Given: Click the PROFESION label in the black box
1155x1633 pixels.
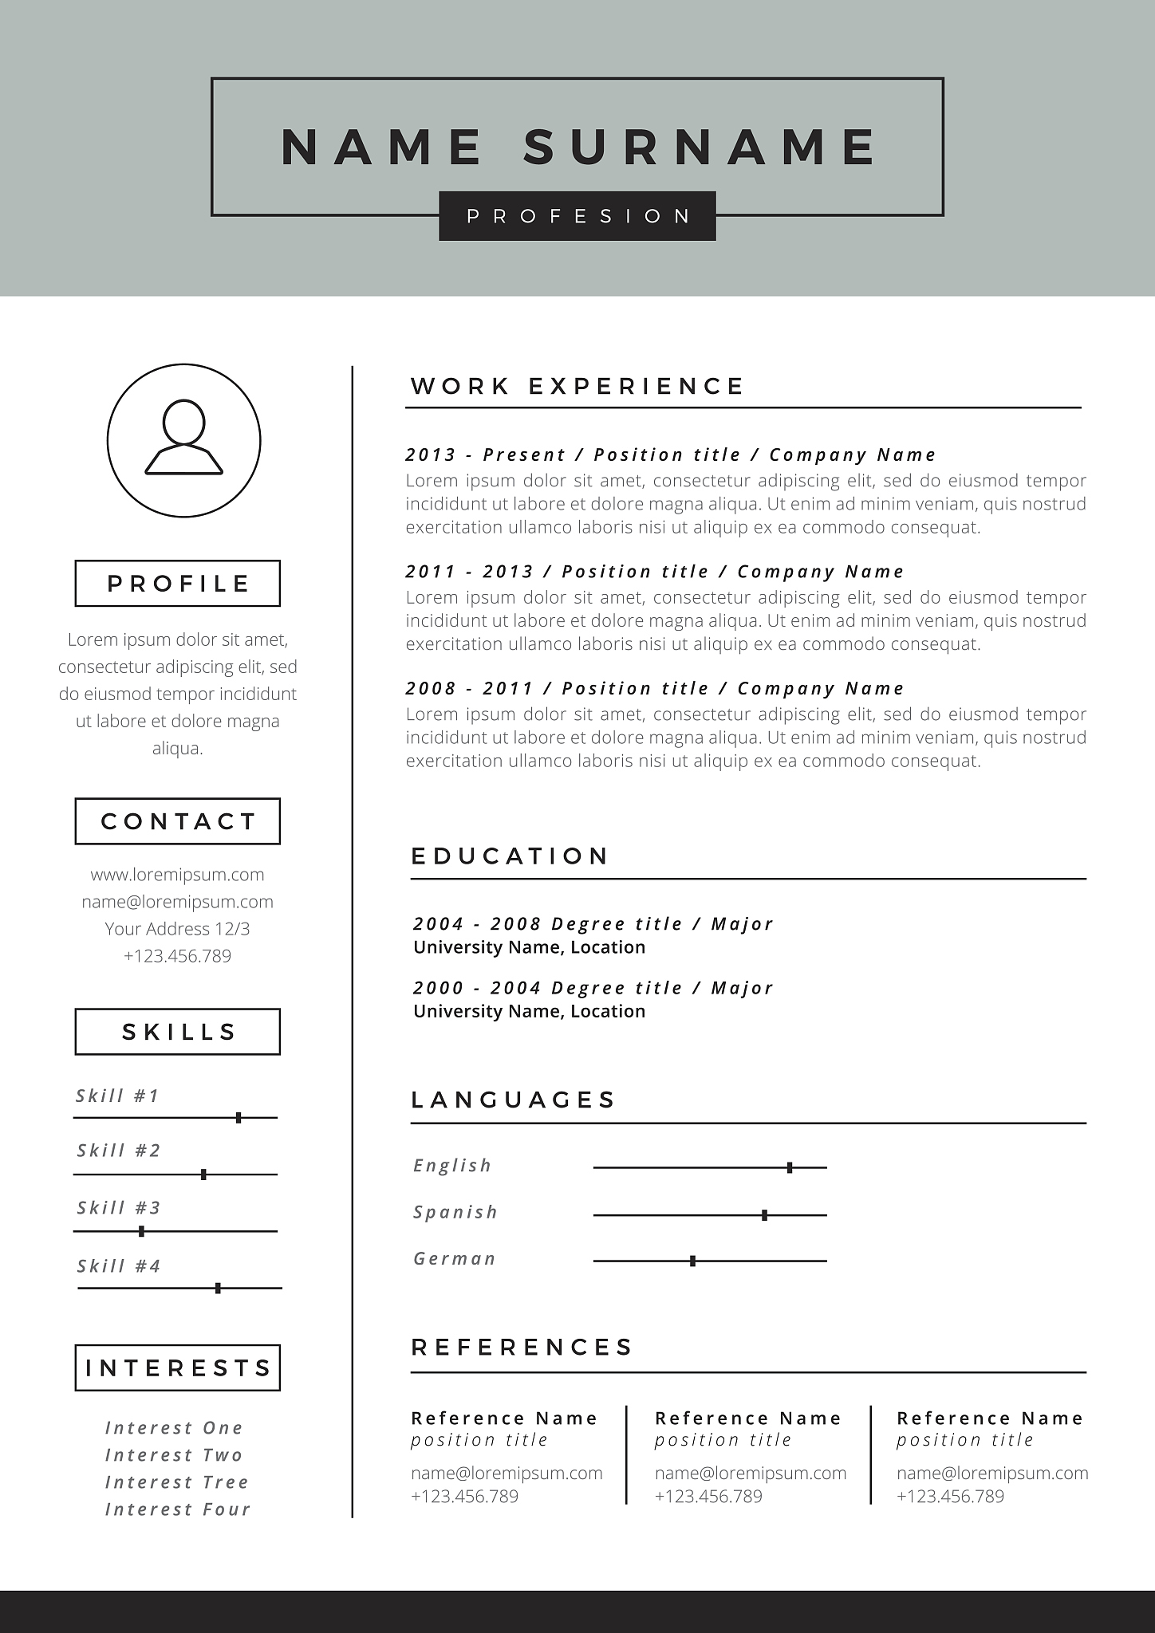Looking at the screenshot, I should [577, 216].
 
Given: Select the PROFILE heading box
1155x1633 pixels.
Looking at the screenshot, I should [178, 584].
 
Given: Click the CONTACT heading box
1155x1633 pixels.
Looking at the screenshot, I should [178, 821].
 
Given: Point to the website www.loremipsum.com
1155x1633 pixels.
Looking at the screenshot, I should [177, 875].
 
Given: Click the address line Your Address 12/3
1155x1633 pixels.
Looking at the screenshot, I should [177, 929].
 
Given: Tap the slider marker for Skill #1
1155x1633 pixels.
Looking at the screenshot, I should [238, 1118].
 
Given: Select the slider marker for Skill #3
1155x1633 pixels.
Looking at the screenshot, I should [141, 1231].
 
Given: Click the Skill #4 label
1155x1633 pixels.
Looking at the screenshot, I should [119, 1266].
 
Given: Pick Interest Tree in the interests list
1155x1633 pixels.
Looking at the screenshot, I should [177, 1482].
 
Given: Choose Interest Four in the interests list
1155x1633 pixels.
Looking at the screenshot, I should [178, 1509].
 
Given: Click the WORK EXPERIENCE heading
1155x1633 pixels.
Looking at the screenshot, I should [577, 387].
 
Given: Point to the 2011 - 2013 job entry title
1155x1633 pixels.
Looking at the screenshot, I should [655, 572].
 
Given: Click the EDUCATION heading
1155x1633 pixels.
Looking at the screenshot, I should [510, 856].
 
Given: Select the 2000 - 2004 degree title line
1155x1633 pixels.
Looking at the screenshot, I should [593, 988].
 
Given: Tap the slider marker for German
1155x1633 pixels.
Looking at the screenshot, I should [692, 1261].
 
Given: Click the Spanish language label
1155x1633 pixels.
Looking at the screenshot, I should [455, 1213].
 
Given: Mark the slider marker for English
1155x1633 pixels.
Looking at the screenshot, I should [790, 1168].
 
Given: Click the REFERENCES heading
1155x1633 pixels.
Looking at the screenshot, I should [522, 1348].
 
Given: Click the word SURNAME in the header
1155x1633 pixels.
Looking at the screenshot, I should [700, 148].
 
